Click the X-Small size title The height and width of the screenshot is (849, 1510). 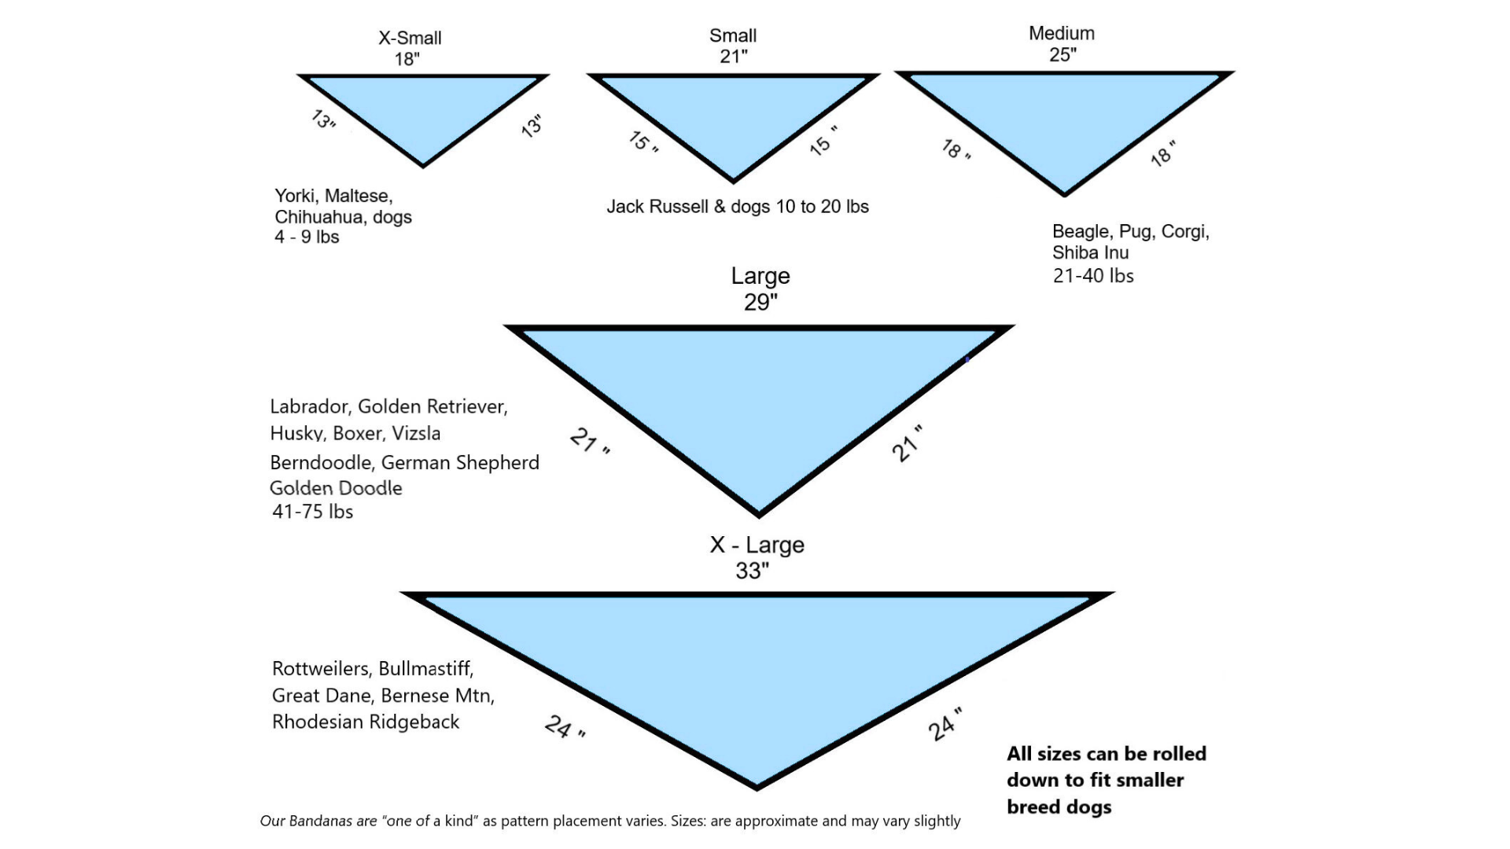[x=410, y=38]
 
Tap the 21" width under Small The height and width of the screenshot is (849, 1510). [x=733, y=57]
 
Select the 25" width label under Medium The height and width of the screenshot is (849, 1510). [x=1062, y=54]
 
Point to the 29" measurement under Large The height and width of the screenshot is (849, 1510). [x=761, y=302]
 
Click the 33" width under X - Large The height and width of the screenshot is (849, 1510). [x=752, y=571]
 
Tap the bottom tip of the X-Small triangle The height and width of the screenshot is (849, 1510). [x=423, y=165]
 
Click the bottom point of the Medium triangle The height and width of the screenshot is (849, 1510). [x=1064, y=193]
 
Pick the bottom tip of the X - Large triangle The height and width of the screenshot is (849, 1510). [x=757, y=785]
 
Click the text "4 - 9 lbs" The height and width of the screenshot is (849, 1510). [x=307, y=237]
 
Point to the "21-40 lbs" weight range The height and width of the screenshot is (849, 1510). [x=1093, y=276]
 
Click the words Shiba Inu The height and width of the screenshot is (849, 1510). [x=1090, y=253]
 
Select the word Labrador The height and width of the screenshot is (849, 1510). [x=309, y=406]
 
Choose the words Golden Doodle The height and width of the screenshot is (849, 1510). [x=336, y=488]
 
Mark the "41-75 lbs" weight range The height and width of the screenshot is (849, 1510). [x=312, y=512]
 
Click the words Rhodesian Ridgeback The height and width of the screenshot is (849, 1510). [x=366, y=722]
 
